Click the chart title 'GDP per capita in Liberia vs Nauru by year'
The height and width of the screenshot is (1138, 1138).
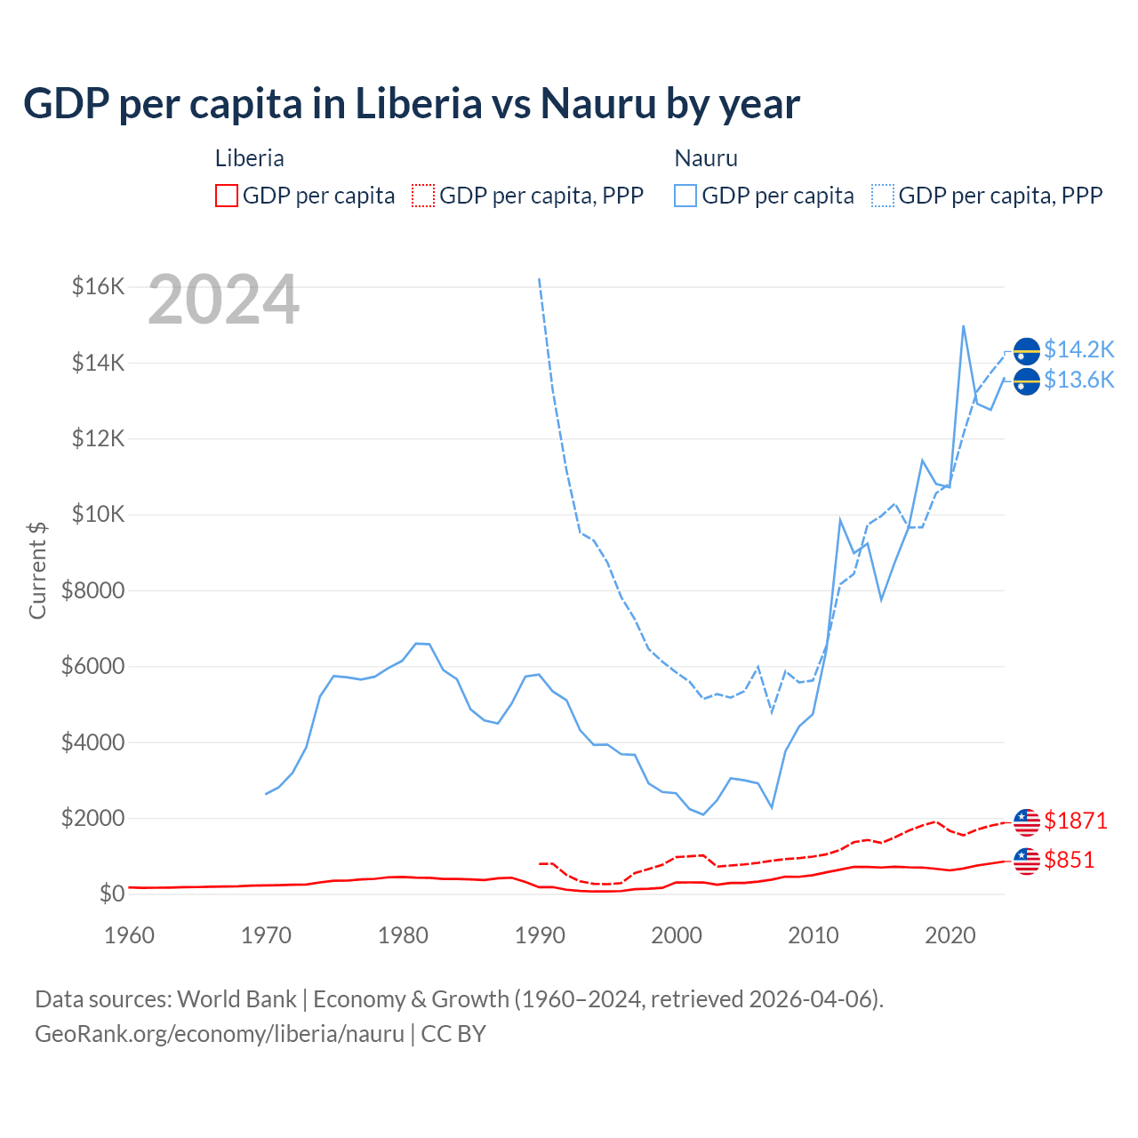pos(412,103)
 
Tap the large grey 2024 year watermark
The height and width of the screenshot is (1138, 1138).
pos(223,300)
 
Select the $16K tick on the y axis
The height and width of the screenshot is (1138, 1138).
pos(98,286)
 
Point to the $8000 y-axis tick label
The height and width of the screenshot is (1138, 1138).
pos(92,590)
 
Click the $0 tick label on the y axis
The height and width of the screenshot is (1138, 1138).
pos(111,894)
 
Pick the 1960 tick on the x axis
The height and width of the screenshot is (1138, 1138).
pos(130,935)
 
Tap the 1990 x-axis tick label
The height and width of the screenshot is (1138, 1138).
pos(540,935)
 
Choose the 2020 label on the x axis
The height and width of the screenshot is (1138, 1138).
pos(950,935)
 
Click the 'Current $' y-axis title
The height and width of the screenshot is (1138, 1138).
pos(37,570)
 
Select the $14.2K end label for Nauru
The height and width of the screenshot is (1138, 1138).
pos(1078,349)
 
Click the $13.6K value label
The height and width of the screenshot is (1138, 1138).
pos(1078,380)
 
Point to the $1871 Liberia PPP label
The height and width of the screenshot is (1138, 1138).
pos(1076,821)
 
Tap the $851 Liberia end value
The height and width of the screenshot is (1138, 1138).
pos(1070,860)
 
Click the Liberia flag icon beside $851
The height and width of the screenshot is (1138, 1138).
pos(1027,861)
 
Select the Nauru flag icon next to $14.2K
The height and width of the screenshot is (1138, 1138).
pos(1027,351)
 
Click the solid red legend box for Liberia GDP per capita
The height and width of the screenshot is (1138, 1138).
pos(227,196)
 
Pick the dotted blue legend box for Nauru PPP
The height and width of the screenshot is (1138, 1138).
pos(883,196)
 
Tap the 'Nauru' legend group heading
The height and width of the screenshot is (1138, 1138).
pos(706,158)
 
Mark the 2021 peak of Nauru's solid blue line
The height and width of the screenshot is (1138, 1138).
pos(964,325)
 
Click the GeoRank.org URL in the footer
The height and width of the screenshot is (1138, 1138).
pos(220,1034)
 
